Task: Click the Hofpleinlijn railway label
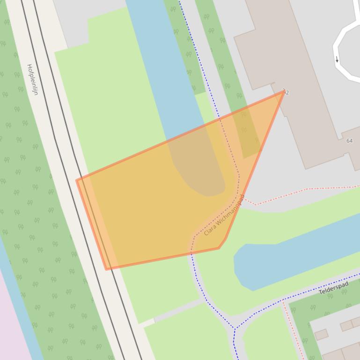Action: click(32, 79)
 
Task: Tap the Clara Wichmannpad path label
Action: click(225, 215)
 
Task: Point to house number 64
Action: click(349, 141)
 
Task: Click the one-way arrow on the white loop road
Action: click(337, 59)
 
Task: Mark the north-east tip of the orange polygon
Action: click(284, 92)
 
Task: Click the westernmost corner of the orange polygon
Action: click(77, 180)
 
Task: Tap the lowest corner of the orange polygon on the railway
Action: click(107, 269)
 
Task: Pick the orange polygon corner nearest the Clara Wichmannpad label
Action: click(219, 248)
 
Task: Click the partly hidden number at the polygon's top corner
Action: click(286, 92)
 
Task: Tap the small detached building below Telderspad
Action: click(321, 335)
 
